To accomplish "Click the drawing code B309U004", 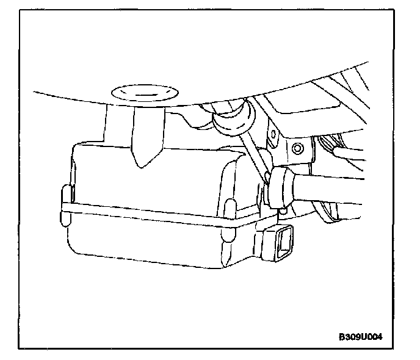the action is [x=365, y=336].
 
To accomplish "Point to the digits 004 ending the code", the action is [x=381, y=336].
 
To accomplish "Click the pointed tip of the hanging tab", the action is [x=140, y=164].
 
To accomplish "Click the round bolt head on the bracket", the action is [x=297, y=148].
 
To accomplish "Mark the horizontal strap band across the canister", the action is [x=153, y=215].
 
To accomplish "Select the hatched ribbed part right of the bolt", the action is [x=333, y=146].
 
